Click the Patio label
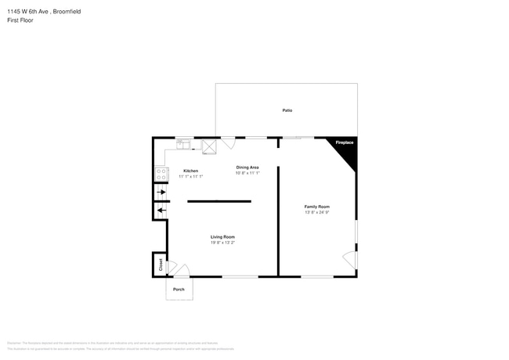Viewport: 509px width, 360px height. pos(287,110)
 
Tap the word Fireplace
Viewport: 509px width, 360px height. pos(345,143)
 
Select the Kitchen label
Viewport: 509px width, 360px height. pos(190,171)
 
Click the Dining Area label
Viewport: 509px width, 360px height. pos(247,167)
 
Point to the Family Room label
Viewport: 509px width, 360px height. pos(317,207)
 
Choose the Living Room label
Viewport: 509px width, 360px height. pos(222,236)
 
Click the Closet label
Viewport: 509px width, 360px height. pos(161,265)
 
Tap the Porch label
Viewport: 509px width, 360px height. pos(179,289)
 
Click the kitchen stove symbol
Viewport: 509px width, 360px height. pos(161,173)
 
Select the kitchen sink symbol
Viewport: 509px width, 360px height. pos(182,143)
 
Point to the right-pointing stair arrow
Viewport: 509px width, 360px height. pos(161,192)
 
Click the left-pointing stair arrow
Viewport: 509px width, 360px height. pos(161,210)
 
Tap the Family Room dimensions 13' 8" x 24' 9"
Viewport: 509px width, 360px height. pos(317,212)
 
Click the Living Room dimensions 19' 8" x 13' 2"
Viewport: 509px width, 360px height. pos(222,243)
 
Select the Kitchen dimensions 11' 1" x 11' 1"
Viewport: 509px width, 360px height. pos(190,176)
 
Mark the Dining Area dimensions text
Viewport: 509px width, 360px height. pos(247,173)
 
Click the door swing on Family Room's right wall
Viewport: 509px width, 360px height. pos(350,259)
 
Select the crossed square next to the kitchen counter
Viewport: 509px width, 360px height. pos(210,145)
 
